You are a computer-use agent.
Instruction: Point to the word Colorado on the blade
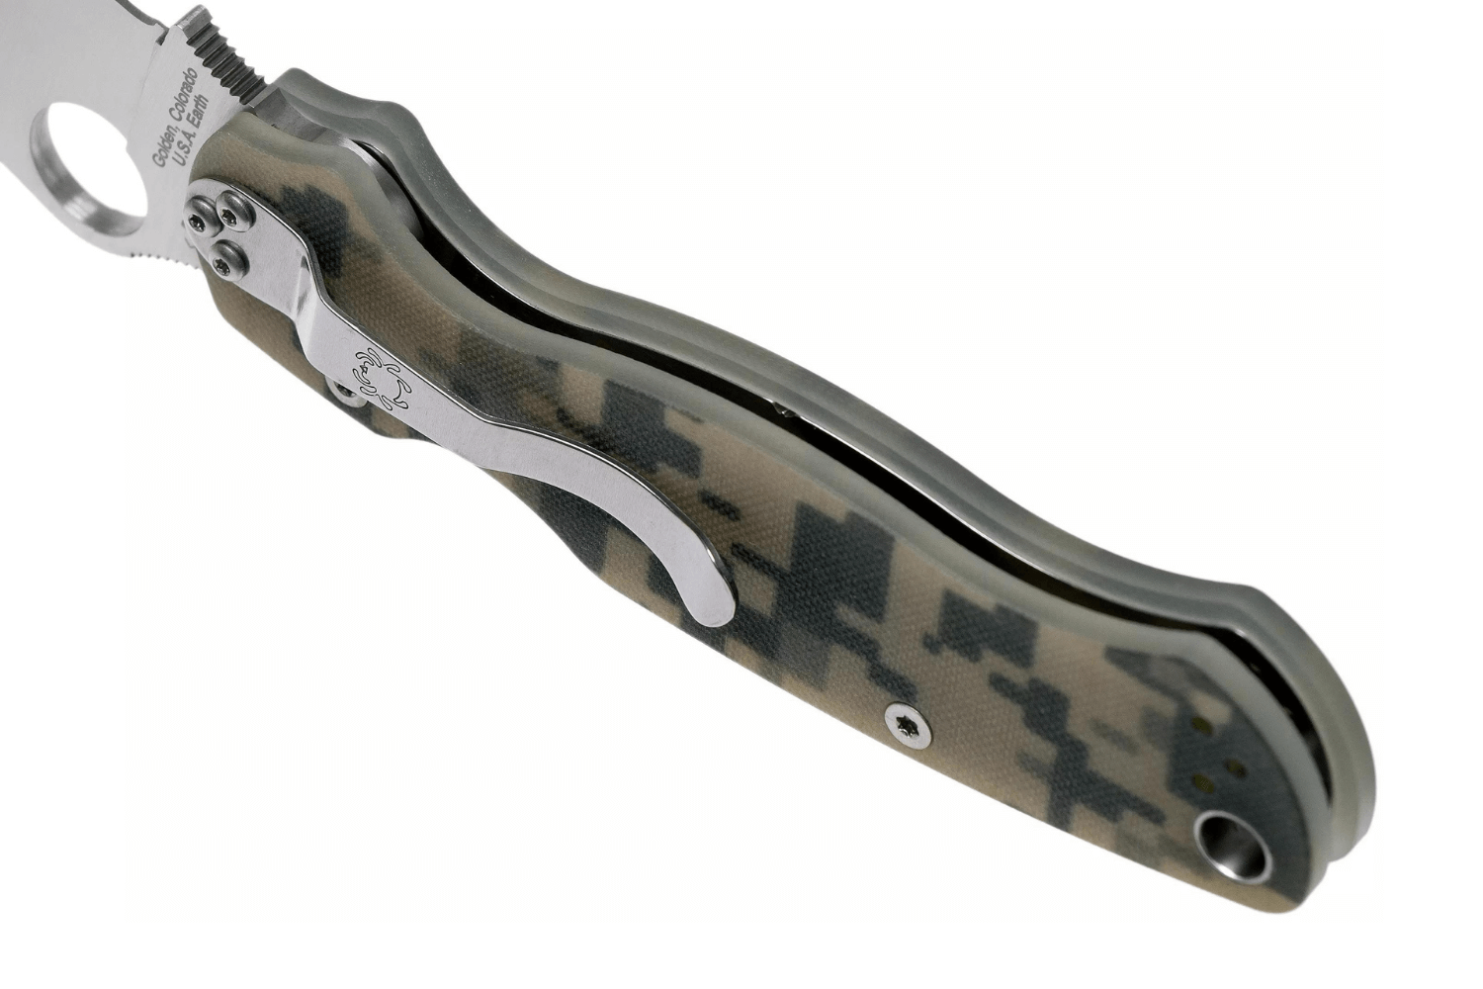point(184,94)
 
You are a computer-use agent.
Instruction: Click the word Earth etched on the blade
point(200,114)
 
